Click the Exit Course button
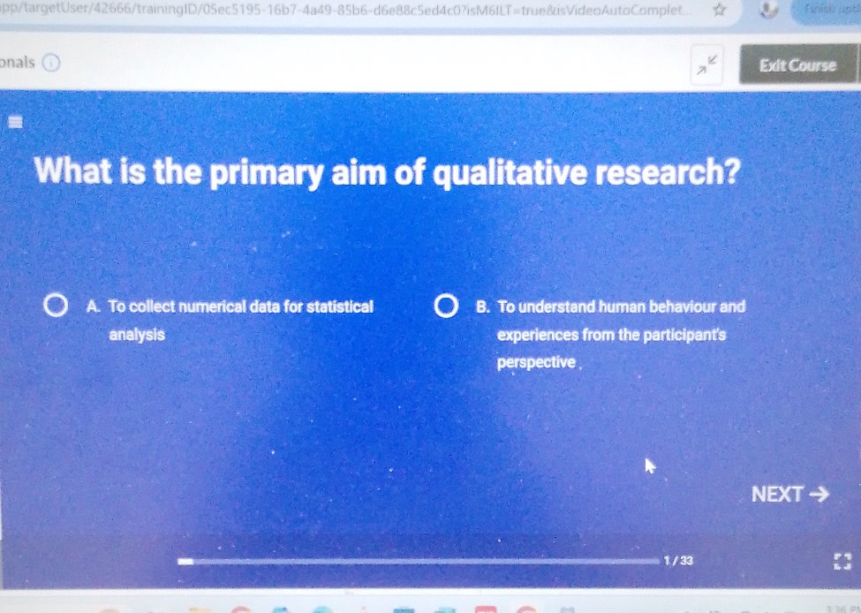click(x=797, y=65)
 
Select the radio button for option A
click(x=56, y=307)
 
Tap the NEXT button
click(x=789, y=495)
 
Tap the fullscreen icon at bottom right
click(x=840, y=561)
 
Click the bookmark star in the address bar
click(x=720, y=11)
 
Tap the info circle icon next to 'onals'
click(x=52, y=63)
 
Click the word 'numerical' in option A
click(x=215, y=307)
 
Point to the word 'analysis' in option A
click(x=135, y=336)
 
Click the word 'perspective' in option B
click(x=537, y=362)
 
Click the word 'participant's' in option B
click(x=676, y=335)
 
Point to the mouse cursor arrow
click(x=651, y=465)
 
